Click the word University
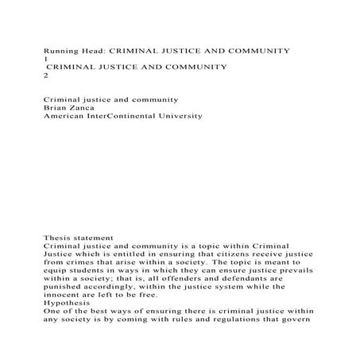pos(181,116)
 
